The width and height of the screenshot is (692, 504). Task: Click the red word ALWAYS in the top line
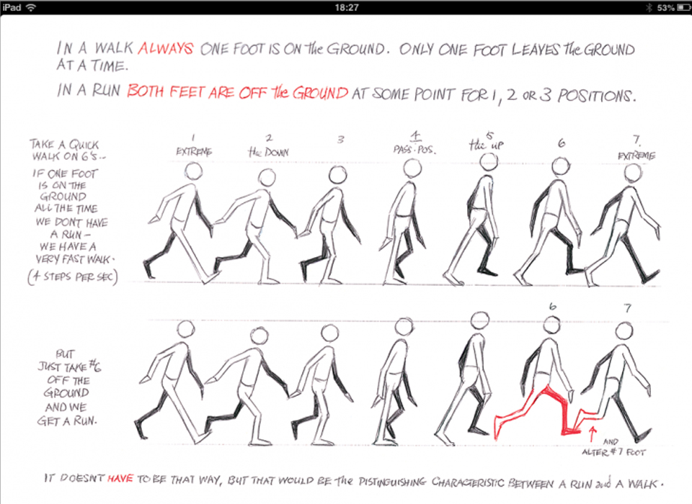tap(166, 48)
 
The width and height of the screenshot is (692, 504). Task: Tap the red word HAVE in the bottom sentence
tap(120, 478)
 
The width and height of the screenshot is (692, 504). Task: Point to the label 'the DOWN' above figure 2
tap(268, 153)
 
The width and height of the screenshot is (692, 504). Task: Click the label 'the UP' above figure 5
tap(487, 145)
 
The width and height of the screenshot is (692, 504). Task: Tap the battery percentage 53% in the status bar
tap(665, 7)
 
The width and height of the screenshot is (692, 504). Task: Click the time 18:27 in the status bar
tap(347, 7)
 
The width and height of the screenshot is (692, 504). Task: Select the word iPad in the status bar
tap(12, 7)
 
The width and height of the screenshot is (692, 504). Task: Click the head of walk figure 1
tap(193, 171)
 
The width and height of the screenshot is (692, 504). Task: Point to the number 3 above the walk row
tap(340, 140)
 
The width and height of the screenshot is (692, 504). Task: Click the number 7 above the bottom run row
tap(628, 308)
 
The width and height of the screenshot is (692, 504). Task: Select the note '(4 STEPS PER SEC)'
tap(73, 277)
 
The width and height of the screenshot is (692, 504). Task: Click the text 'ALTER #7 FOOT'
tap(613, 452)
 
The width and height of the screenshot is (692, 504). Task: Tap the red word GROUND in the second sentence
tap(321, 93)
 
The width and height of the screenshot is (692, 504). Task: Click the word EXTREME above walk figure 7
tap(636, 156)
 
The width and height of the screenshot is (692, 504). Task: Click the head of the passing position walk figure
tap(412, 168)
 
